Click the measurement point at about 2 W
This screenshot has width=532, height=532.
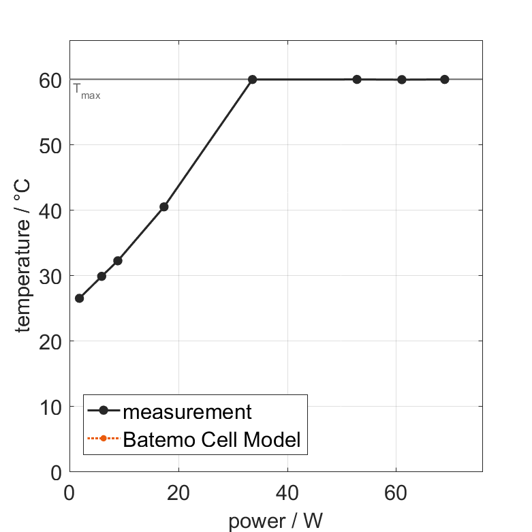(x=79, y=298)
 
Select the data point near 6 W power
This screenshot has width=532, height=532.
(x=101, y=276)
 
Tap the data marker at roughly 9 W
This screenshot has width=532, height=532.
(x=118, y=260)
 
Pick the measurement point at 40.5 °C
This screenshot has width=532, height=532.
(x=163, y=206)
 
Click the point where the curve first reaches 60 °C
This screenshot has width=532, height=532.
(x=252, y=79)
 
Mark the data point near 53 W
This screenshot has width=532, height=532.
(x=357, y=79)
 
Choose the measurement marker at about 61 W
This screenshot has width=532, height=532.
(x=402, y=79)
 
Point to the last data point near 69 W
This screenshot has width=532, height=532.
(x=445, y=79)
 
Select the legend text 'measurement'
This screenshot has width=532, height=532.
(x=188, y=411)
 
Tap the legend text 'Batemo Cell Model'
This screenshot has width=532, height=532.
(x=212, y=439)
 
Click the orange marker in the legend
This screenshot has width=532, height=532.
(x=104, y=438)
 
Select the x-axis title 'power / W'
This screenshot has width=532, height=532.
(x=275, y=521)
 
